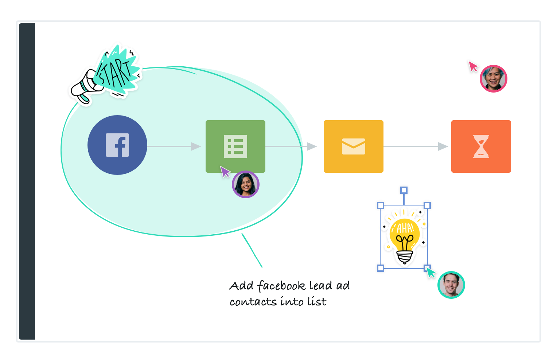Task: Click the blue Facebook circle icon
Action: pyautogui.click(x=117, y=145)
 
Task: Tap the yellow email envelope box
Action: pyautogui.click(x=353, y=146)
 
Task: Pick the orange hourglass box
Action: pyautogui.click(x=481, y=146)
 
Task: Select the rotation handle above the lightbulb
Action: pyautogui.click(x=404, y=190)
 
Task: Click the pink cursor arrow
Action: pyautogui.click(x=473, y=66)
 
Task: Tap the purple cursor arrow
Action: pyautogui.click(x=225, y=171)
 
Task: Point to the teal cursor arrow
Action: pyautogui.click(x=431, y=272)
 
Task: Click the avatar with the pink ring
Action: pyautogui.click(x=494, y=79)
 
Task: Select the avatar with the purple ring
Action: pyautogui.click(x=246, y=184)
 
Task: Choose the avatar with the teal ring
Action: pyautogui.click(x=451, y=285)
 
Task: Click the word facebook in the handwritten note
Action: pyautogui.click(x=281, y=286)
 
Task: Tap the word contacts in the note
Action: pyautogui.click(x=253, y=302)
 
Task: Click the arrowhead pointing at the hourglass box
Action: pyautogui.click(x=443, y=146)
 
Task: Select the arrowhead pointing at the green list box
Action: pyautogui.click(x=196, y=146)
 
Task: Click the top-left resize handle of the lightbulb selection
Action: pyautogui.click(x=381, y=206)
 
